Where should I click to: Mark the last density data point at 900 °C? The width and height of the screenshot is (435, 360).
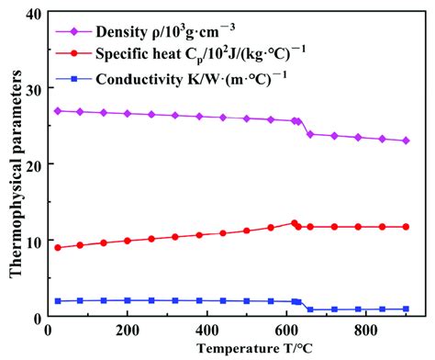point(406,141)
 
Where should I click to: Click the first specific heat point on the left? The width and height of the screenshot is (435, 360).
point(58,248)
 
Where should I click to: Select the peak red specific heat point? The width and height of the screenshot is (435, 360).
point(295,223)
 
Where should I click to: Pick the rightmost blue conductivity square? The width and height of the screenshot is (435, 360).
point(406,309)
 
